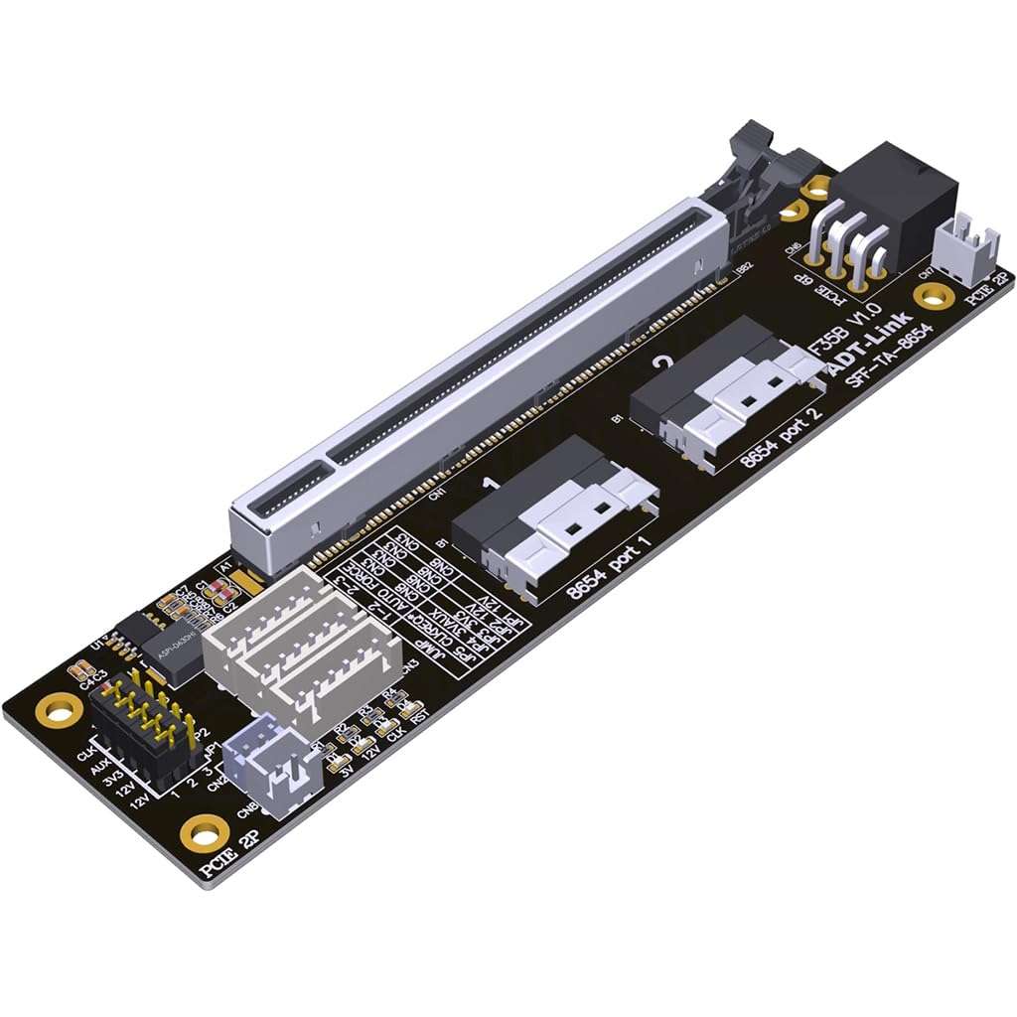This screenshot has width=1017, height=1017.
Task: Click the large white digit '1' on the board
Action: point(489,485)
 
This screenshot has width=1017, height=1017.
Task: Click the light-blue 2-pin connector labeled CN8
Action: point(268,765)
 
